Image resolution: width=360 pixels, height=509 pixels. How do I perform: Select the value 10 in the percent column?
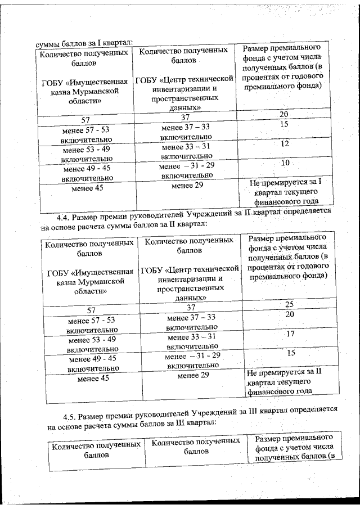[x=286, y=163]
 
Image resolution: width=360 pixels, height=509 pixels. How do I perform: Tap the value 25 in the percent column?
[x=290, y=304]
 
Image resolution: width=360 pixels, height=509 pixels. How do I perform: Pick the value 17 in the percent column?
[x=290, y=334]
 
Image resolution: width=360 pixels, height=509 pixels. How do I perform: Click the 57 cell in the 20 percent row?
[x=85, y=120]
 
